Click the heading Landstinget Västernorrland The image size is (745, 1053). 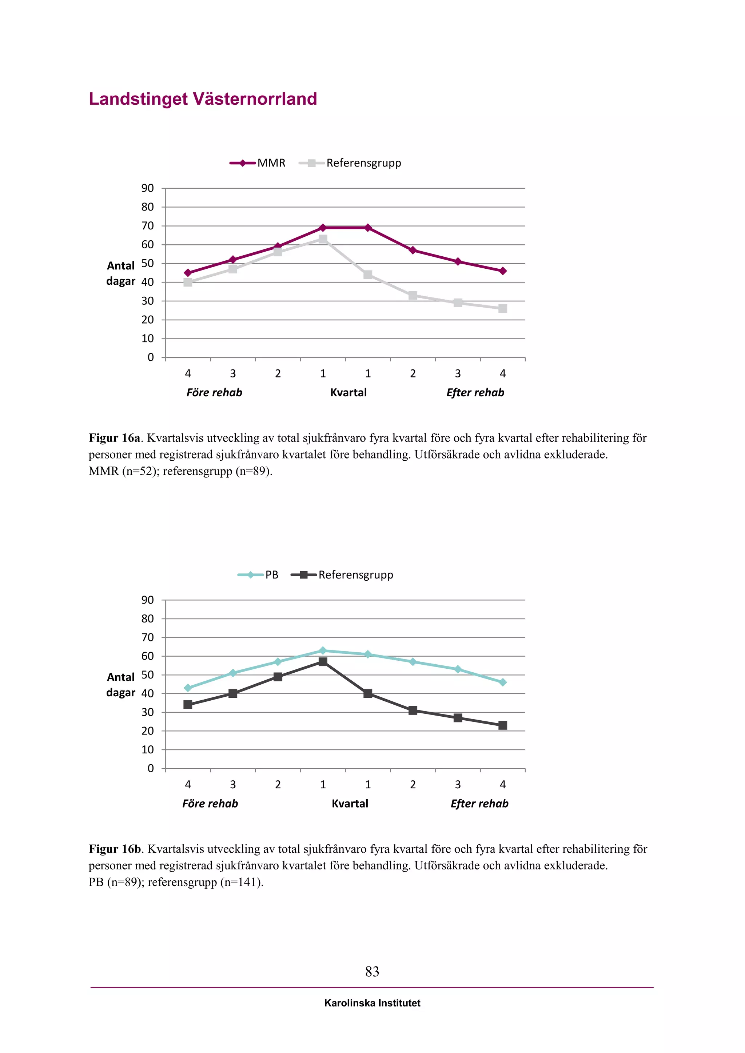pyautogui.click(x=203, y=99)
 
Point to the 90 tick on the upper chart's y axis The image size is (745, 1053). pyautogui.click(x=148, y=188)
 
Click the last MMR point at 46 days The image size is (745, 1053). pyautogui.click(x=503, y=271)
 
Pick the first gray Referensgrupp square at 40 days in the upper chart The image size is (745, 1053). pyautogui.click(x=188, y=283)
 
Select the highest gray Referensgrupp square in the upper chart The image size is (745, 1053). pyautogui.click(x=323, y=239)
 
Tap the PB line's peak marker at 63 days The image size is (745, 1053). pyautogui.click(x=323, y=650)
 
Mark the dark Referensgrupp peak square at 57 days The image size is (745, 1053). pyautogui.click(x=323, y=662)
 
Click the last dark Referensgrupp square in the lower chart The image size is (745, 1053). pyautogui.click(x=503, y=725)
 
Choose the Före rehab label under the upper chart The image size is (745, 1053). pyautogui.click(x=214, y=393)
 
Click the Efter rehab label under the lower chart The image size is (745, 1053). pyautogui.click(x=479, y=804)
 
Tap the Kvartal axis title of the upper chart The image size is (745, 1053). pyautogui.click(x=348, y=393)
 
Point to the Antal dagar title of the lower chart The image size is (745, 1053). pyautogui.click(x=121, y=685)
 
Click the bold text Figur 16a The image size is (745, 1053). pyautogui.click(x=114, y=438)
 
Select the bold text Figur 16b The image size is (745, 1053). pyautogui.click(x=115, y=849)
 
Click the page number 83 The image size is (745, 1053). pyautogui.click(x=372, y=971)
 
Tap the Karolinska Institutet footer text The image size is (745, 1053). pyautogui.click(x=372, y=1003)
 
